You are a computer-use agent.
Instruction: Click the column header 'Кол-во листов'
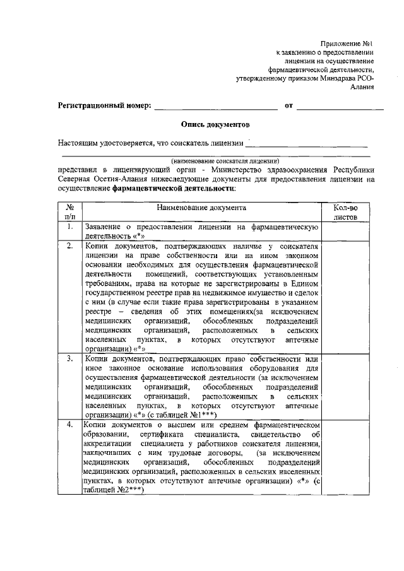[x=345, y=211]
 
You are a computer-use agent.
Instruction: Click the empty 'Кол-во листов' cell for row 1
[x=345, y=230]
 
